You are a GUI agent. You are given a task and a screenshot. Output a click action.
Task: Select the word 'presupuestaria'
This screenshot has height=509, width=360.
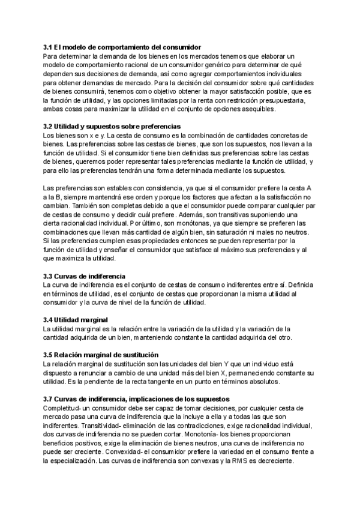284,101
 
